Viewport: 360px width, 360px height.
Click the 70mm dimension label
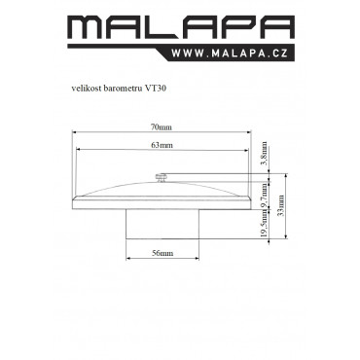(161, 127)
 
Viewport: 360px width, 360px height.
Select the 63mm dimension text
(162, 145)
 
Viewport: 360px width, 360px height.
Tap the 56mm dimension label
(162, 253)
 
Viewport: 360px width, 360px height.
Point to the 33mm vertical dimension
(281, 205)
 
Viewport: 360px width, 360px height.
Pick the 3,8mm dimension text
(265, 153)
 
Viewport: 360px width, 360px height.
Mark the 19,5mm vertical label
(265, 224)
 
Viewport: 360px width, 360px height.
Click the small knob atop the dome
(162, 178)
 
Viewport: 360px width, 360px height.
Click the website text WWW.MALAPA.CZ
(230, 53)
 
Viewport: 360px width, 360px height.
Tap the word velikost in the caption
(86, 89)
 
